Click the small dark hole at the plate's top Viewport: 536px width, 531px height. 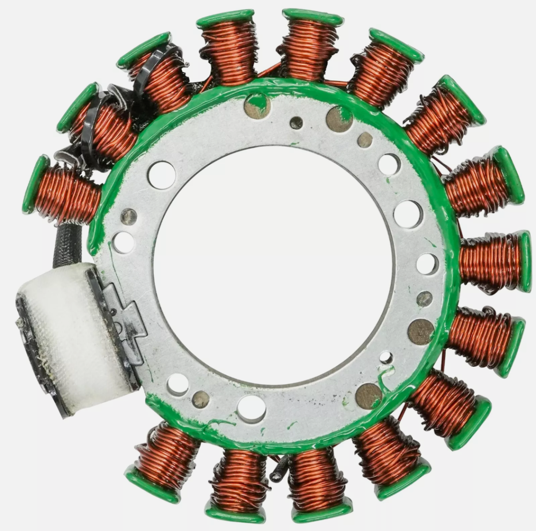[296, 123]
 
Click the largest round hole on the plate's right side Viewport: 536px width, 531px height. [408, 214]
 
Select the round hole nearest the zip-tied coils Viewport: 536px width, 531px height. [161, 175]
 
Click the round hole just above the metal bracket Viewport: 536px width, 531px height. [123, 242]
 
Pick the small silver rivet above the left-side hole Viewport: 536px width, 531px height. [129, 217]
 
